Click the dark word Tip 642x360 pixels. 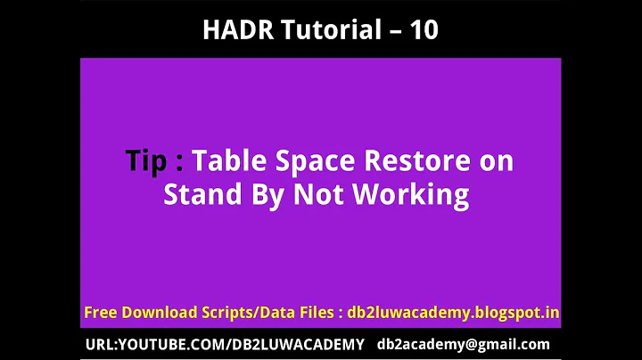(x=145, y=161)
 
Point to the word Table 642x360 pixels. (x=228, y=161)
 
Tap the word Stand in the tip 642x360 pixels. (x=197, y=194)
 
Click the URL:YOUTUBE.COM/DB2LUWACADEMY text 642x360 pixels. (x=224, y=344)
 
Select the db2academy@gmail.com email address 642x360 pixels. (x=463, y=345)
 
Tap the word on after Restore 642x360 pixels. (x=495, y=162)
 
